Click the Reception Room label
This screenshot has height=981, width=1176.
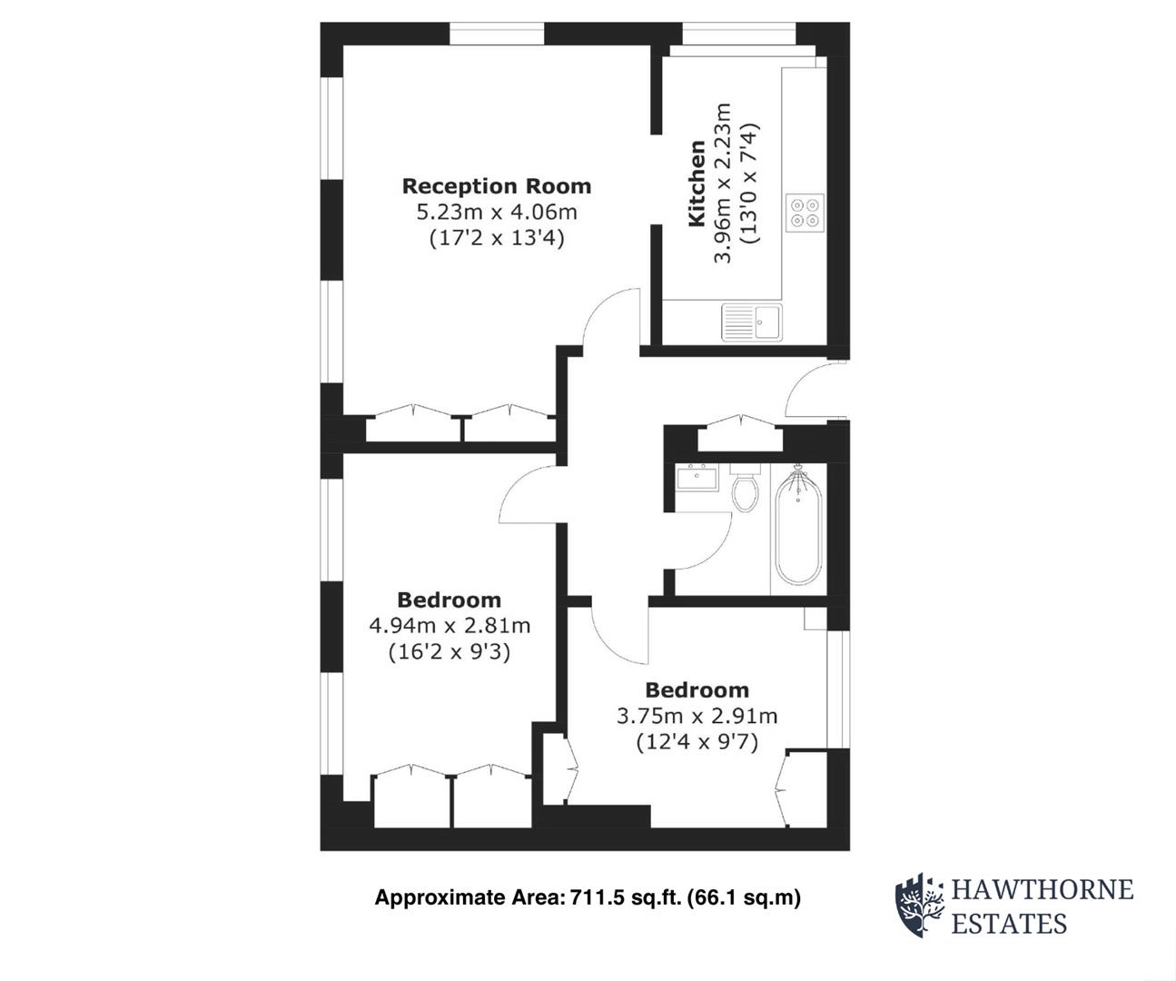click(x=496, y=186)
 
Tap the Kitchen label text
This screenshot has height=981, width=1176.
click(x=697, y=183)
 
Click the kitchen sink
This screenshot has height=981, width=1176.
click(x=752, y=322)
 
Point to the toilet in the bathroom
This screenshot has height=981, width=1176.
click(x=745, y=491)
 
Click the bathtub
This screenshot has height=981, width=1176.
click(x=798, y=528)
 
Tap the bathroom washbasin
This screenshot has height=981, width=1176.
click(x=697, y=476)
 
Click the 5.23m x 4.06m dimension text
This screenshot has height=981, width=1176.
click(x=496, y=213)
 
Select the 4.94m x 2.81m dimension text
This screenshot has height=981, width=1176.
click(x=449, y=626)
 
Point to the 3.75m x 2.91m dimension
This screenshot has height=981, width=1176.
click(x=697, y=716)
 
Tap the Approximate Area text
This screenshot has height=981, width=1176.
click(x=588, y=898)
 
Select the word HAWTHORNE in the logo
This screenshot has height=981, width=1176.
click(x=1042, y=888)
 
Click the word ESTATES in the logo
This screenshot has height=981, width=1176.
click(x=1008, y=925)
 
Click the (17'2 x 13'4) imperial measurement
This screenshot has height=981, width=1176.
click(x=496, y=239)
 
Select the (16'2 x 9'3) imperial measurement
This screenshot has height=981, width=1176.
click(x=449, y=651)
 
